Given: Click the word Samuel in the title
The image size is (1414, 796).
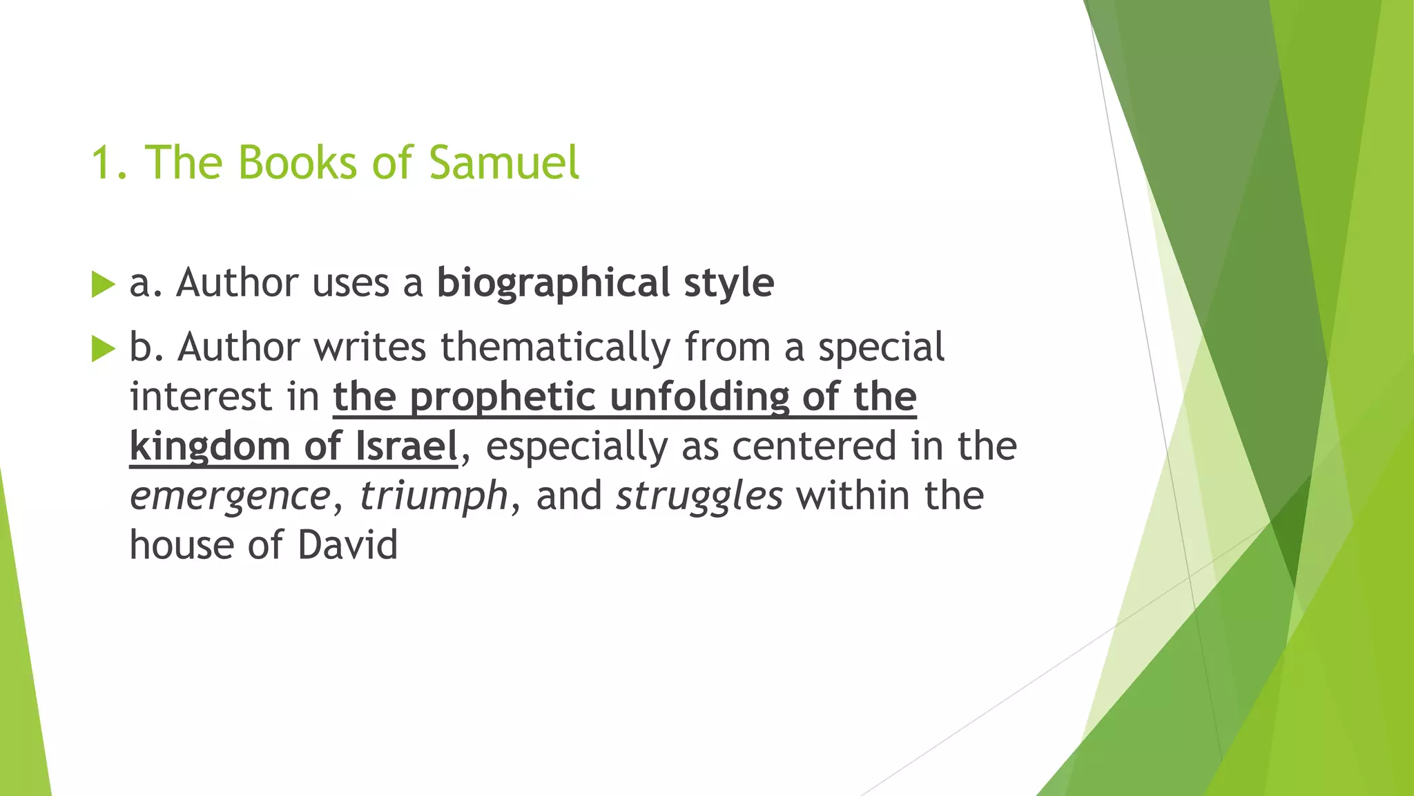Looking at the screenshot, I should (503, 163).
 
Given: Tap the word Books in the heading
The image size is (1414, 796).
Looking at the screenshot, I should (298, 163).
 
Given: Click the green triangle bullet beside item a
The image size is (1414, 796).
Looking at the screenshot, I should (103, 284).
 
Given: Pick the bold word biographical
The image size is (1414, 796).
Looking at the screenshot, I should (553, 284).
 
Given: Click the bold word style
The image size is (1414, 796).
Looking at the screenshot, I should (729, 284).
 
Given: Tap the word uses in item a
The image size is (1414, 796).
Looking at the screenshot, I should (350, 284).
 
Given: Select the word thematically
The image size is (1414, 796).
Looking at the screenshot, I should (555, 347).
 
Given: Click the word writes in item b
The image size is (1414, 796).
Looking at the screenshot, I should (370, 347).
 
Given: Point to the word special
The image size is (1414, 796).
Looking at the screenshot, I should (881, 347).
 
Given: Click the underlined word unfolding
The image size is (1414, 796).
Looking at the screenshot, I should (699, 398).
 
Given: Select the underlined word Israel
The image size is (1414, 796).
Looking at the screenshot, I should (407, 446).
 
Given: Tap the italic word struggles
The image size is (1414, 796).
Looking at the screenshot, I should (699, 497).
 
